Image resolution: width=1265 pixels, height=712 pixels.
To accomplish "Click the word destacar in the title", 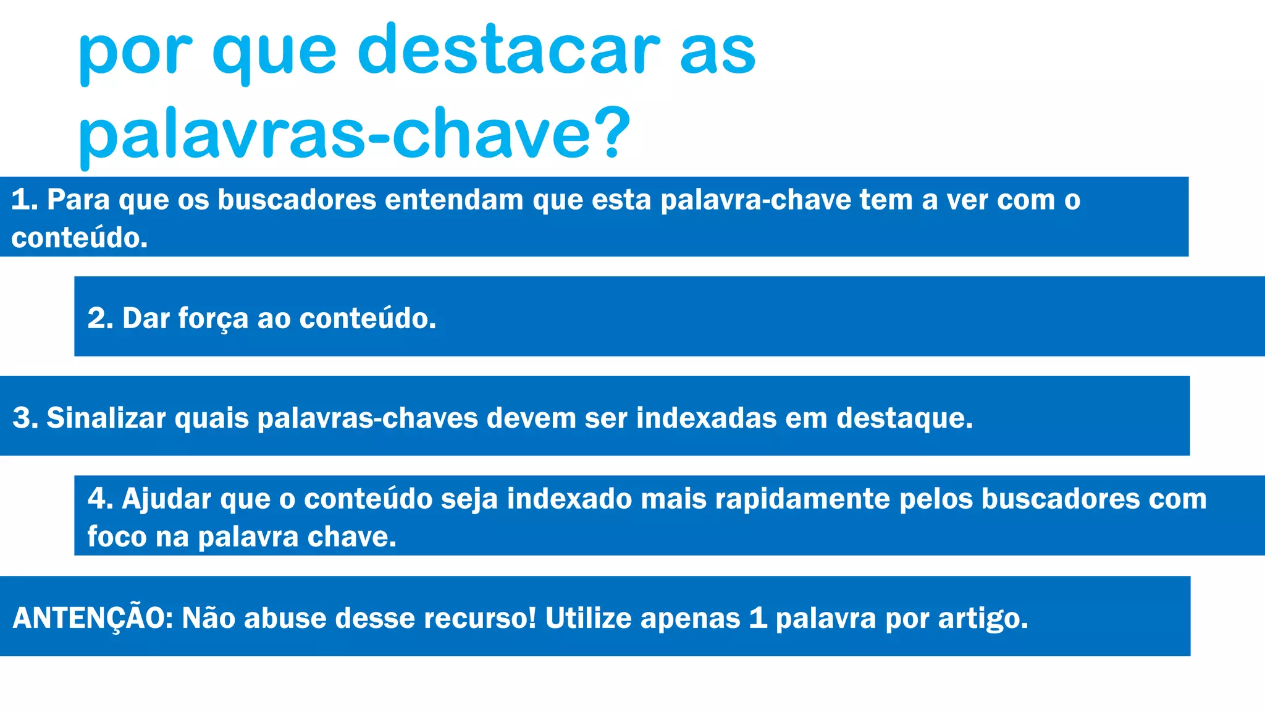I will pyautogui.click(x=508, y=51).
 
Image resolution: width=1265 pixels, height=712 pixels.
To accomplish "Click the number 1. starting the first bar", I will pyautogui.click(x=25, y=200).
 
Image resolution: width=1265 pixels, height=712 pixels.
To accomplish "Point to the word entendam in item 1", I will pyautogui.click(x=454, y=200).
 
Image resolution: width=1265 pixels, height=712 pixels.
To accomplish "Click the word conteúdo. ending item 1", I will pyautogui.click(x=80, y=239).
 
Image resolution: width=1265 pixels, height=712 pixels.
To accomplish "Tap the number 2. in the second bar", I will pyautogui.click(x=100, y=319).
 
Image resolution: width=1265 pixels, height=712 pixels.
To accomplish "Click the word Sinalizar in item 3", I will pyautogui.click(x=106, y=418).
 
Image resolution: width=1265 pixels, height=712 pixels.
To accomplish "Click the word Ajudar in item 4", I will pyautogui.click(x=166, y=499).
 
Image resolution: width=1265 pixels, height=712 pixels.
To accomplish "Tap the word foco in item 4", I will pyautogui.click(x=117, y=537).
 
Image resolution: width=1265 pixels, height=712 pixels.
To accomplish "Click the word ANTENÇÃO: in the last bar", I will pyautogui.click(x=93, y=618).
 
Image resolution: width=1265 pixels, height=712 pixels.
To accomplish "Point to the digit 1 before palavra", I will pyautogui.click(x=757, y=619).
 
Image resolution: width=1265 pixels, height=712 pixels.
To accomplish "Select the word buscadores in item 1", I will pyautogui.click(x=296, y=200).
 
